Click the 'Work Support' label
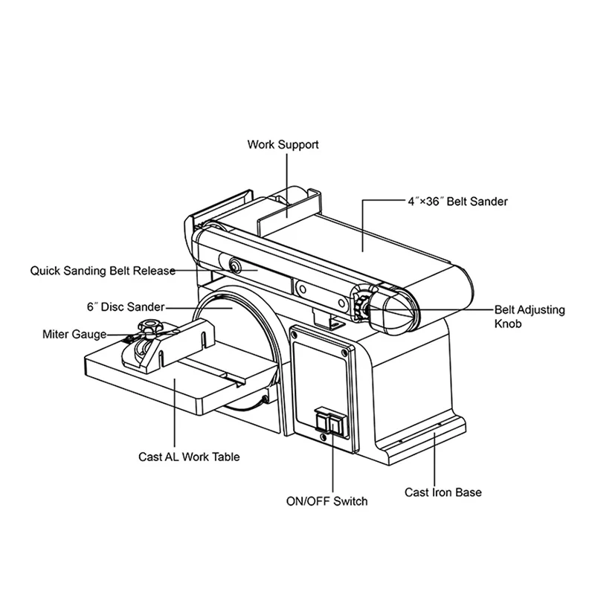point(283,144)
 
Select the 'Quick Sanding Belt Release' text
point(103,271)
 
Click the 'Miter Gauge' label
point(74,335)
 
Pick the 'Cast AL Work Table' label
point(189,457)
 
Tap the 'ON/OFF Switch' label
point(327,501)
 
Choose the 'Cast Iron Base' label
point(443,492)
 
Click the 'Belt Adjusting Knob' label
point(530,316)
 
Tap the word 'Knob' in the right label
point(509,324)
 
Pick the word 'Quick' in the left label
point(45,271)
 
